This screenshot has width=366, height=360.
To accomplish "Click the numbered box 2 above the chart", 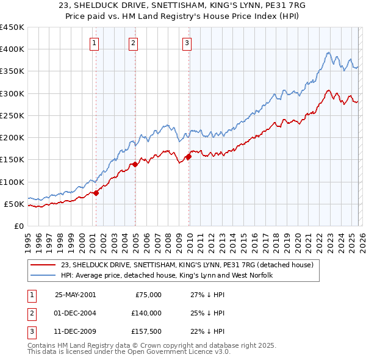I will pyautogui.click(x=133, y=43).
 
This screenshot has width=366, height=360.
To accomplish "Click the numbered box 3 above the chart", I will pyautogui.click(x=187, y=43).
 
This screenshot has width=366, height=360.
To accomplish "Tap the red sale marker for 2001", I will pyautogui.click(x=96, y=193).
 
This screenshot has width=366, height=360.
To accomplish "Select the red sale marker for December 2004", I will pyautogui.click(x=134, y=164).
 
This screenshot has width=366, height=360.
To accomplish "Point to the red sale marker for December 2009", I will pyautogui.click(x=188, y=156).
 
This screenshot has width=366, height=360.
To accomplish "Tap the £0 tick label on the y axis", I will pyautogui.click(x=18, y=226).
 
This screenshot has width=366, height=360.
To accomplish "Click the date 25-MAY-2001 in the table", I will pyautogui.click(x=75, y=295).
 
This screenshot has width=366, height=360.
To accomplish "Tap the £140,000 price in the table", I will pyautogui.click(x=146, y=313).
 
